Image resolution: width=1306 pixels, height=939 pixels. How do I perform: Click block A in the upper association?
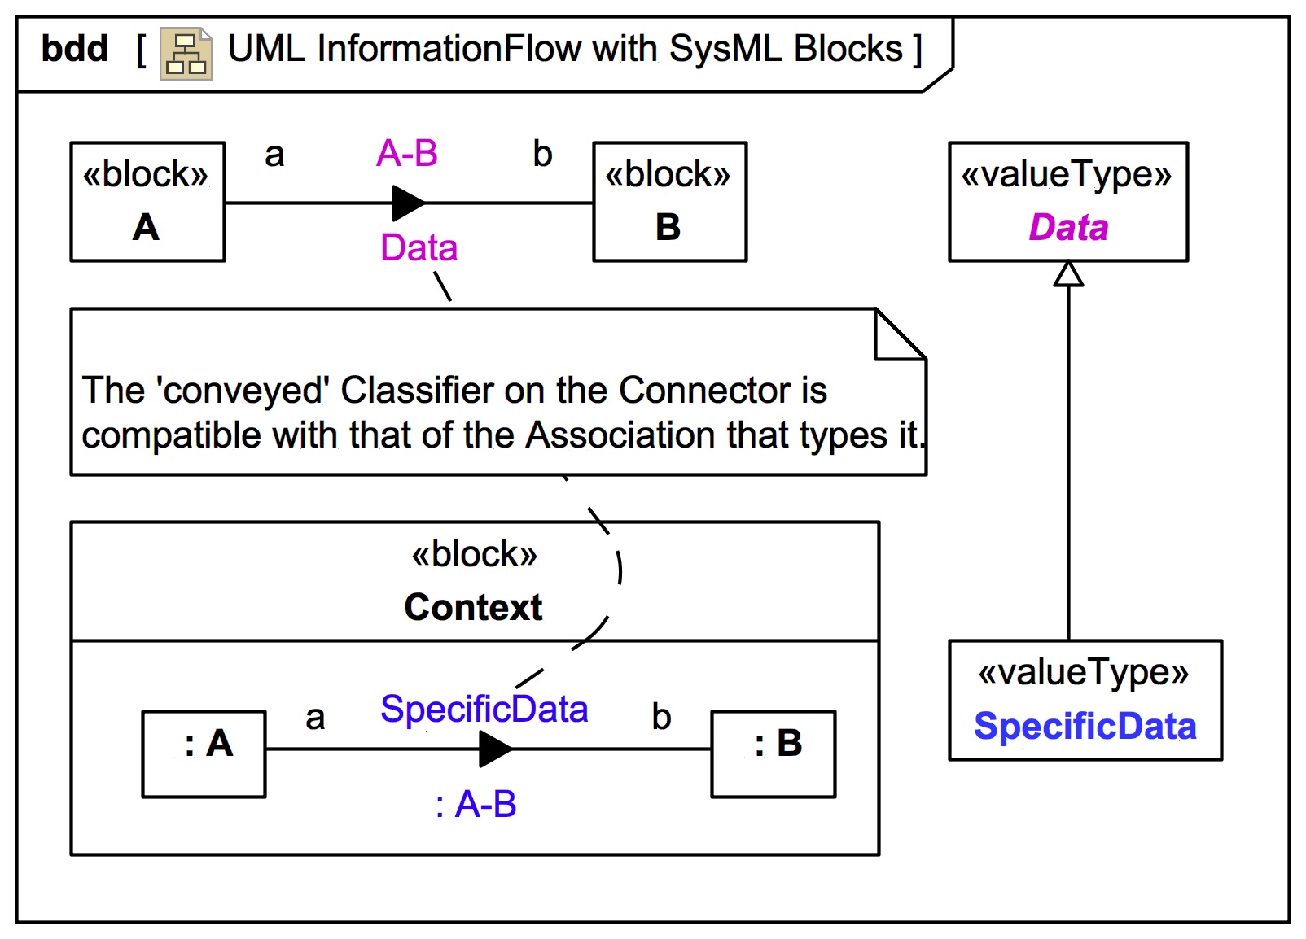click(147, 202)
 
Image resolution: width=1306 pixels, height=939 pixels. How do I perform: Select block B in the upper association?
click(669, 202)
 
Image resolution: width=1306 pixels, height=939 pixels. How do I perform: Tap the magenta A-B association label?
click(407, 153)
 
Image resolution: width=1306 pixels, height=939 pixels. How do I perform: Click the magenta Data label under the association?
click(419, 247)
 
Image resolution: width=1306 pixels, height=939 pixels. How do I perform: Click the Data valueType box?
click(1067, 202)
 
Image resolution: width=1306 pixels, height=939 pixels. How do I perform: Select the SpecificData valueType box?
click(1085, 700)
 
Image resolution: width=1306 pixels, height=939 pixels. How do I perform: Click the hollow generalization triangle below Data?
click(1068, 274)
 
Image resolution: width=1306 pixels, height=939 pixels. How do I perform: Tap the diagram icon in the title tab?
click(186, 54)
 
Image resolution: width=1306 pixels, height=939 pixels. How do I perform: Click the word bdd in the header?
click(74, 49)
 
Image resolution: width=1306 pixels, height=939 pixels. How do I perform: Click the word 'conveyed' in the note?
click(246, 391)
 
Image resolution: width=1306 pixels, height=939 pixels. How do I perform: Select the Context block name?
click(473, 607)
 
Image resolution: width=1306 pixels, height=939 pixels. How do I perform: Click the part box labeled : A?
click(204, 753)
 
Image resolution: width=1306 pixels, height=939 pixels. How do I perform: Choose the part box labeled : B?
click(773, 753)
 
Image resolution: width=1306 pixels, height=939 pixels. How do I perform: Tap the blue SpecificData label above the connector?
click(484, 710)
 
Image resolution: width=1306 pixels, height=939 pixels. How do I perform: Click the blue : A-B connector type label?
click(476, 805)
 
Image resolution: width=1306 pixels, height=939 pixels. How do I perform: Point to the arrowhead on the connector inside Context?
click(494, 749)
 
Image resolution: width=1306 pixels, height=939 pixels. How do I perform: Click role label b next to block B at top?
click(542, 154)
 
